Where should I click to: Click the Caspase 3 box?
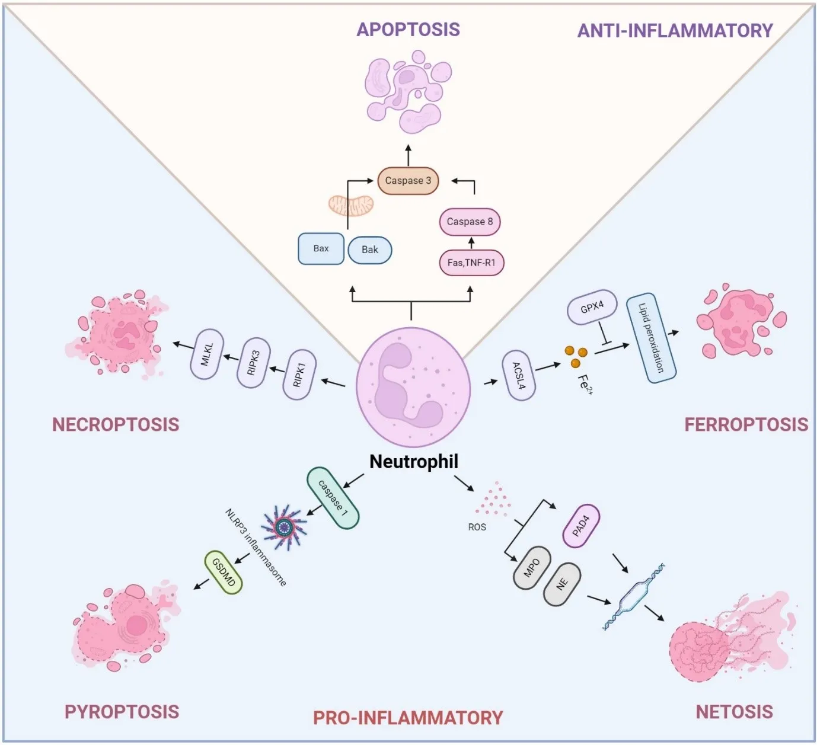point(408,181)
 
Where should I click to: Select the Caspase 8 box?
point(470,222)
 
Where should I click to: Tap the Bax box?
point(321,249)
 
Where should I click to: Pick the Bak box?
point(369,250)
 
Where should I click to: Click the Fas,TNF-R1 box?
point(471,263)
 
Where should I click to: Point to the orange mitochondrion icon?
point(351,205)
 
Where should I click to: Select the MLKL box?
point(206,354)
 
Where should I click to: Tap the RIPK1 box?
point(299,375)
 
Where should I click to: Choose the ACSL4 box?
point(519,376)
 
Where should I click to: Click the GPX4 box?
point(592,308)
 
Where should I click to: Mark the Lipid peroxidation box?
point(652,338)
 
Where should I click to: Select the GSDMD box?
point(224,572)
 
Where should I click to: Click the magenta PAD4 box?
point(580,526)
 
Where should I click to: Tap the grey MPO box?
point(531,568)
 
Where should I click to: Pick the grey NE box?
point(562,584)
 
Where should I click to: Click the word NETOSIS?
point(734,711)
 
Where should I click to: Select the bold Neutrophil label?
point(414,461)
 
